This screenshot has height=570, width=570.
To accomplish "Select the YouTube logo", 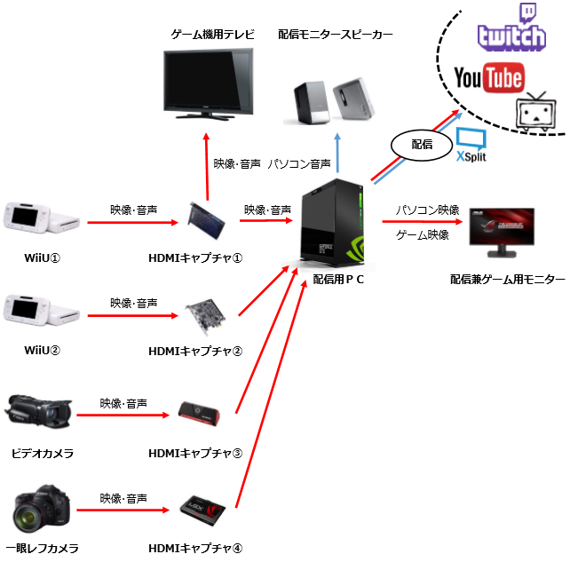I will pyautogui.click(x=487, y=78).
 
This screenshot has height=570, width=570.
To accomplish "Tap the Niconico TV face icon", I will pyautogui.click(x=534, y=113).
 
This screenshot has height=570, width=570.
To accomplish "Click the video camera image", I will pyautogui.click(x=38, y=413).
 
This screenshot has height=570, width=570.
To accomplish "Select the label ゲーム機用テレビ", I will pyautogui.click(x=213, y=35).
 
